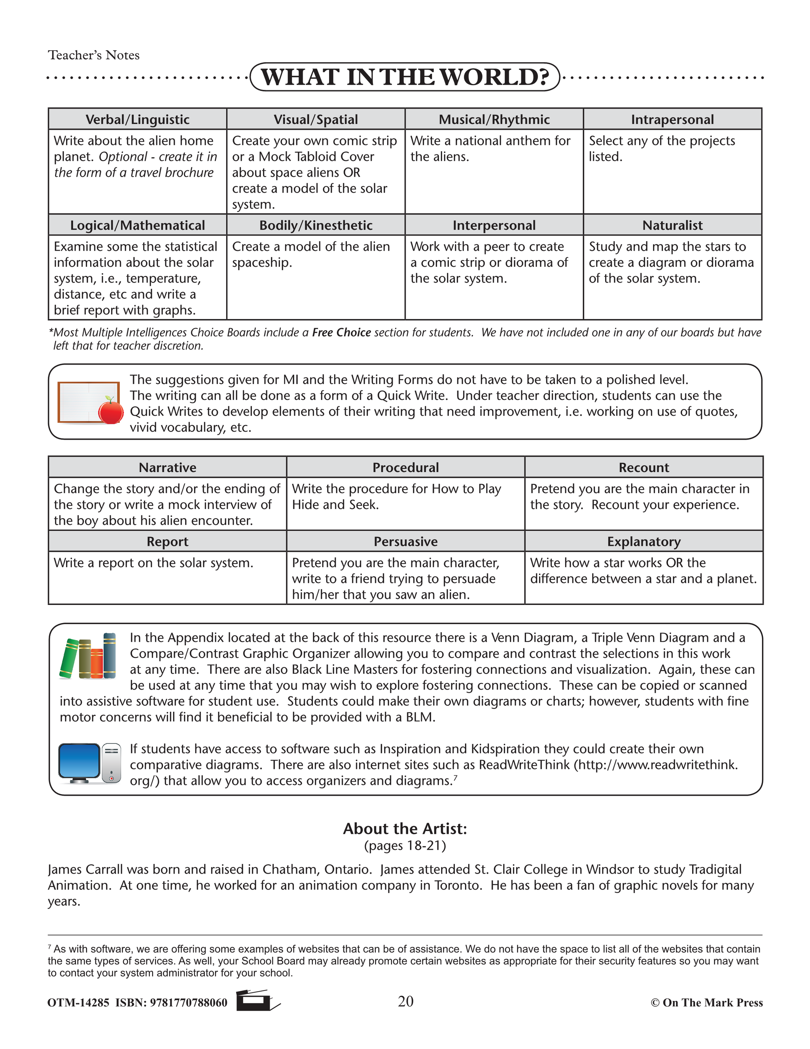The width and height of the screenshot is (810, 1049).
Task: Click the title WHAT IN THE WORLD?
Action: tap(405, 77)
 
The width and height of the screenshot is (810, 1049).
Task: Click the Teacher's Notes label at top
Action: tap(94, 55)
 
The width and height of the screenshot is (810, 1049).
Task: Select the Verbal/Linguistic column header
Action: tap(137, 119)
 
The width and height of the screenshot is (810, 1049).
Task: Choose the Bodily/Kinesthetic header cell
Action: tap(316, 225)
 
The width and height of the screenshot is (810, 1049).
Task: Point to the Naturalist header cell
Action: tap(672, 225)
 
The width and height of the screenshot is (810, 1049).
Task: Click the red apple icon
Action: tap(111, 412)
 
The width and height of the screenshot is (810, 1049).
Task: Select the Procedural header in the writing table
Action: tap(405, 467)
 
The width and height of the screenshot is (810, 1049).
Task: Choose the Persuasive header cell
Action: tap(405, 541)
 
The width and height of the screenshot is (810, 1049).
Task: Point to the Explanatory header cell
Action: tap(643, 541)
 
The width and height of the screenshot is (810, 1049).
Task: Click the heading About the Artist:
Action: tap(405, 829)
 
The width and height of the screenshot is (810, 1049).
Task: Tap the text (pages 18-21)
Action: tap(405, 846)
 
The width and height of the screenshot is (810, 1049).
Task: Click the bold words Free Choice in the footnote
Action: tap(341, 333)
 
